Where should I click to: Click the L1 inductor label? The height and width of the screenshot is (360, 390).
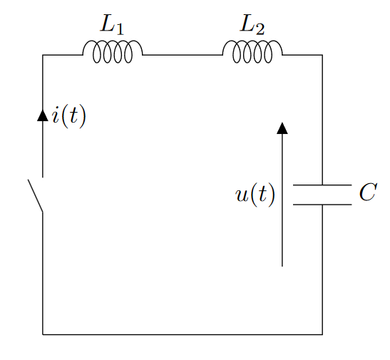point(112,25)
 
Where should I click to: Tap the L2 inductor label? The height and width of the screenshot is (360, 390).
point(252,25)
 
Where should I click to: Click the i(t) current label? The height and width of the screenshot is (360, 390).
point(69,116)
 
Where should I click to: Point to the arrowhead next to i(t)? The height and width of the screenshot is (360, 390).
point(43,115)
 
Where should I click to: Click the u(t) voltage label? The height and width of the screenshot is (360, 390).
point(255,195)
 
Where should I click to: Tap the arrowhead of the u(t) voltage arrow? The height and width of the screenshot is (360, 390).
point(282,128)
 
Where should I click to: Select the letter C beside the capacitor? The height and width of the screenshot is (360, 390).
point(369,192)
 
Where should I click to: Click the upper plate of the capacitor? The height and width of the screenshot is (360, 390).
point(322,185)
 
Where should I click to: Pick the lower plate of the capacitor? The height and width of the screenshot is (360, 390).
point(322,205)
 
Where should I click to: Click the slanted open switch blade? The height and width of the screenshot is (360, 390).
point(36,195)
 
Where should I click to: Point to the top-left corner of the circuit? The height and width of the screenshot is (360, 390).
point(43,55)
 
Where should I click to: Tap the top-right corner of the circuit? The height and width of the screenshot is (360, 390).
point(322,55)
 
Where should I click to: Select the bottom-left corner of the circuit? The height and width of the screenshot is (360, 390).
point(43,334)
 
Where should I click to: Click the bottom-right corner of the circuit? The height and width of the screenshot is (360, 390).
point(322,334)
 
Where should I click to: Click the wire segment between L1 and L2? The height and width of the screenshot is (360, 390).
point(183,55)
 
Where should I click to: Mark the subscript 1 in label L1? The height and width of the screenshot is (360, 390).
point(120,30)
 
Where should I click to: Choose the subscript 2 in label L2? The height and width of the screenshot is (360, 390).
point(260,30)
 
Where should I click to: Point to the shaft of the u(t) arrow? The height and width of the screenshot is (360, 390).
point(282,200)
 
